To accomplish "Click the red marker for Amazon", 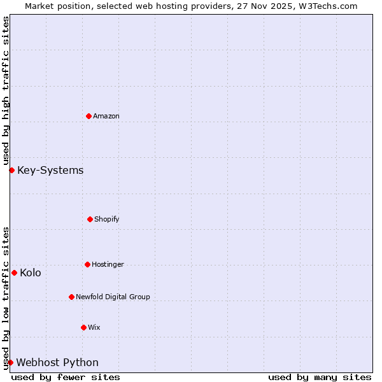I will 88,116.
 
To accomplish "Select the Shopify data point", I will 90,219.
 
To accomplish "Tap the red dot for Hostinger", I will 87,264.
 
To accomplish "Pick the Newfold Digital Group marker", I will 71,297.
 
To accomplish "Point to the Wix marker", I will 83,327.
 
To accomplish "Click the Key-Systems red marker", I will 11,170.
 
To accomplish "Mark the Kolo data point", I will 14,272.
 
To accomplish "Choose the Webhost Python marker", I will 10,362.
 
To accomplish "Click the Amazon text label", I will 106,116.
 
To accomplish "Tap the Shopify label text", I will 107,219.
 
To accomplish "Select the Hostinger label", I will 108,264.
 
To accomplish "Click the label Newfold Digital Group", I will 113,297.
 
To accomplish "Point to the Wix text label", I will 94,327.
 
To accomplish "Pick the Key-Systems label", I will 50,170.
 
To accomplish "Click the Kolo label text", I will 31,272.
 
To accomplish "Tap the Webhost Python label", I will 57,362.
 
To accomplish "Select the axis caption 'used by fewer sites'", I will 66,377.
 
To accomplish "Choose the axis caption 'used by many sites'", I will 320,377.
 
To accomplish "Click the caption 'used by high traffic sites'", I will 6,90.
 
